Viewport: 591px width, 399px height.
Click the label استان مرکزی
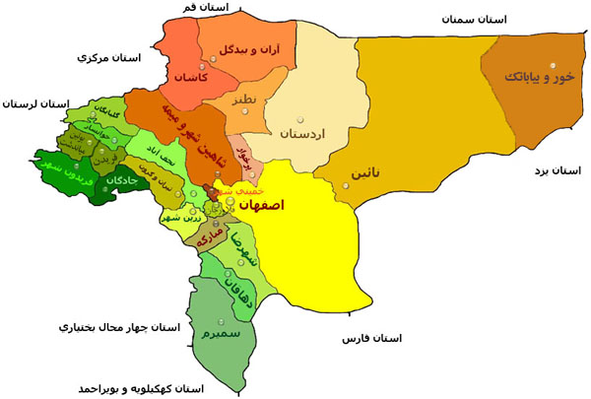pyautogui.click(x=109, y=58)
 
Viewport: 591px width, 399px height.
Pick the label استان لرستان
pyautogui.click(x=37, y=103)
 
